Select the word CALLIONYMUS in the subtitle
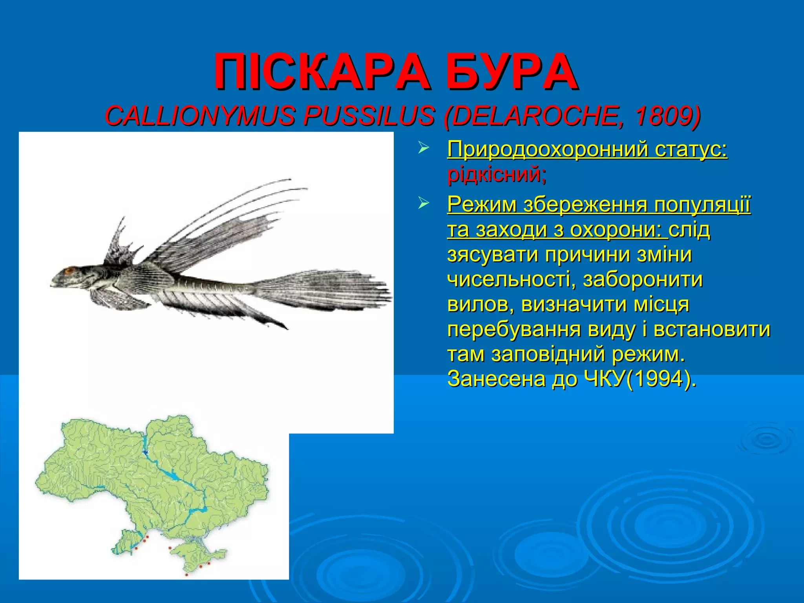tap(199, 116)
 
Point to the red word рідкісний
tap(496, 174)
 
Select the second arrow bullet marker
tap(423, 204)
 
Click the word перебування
tap(514, 329)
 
